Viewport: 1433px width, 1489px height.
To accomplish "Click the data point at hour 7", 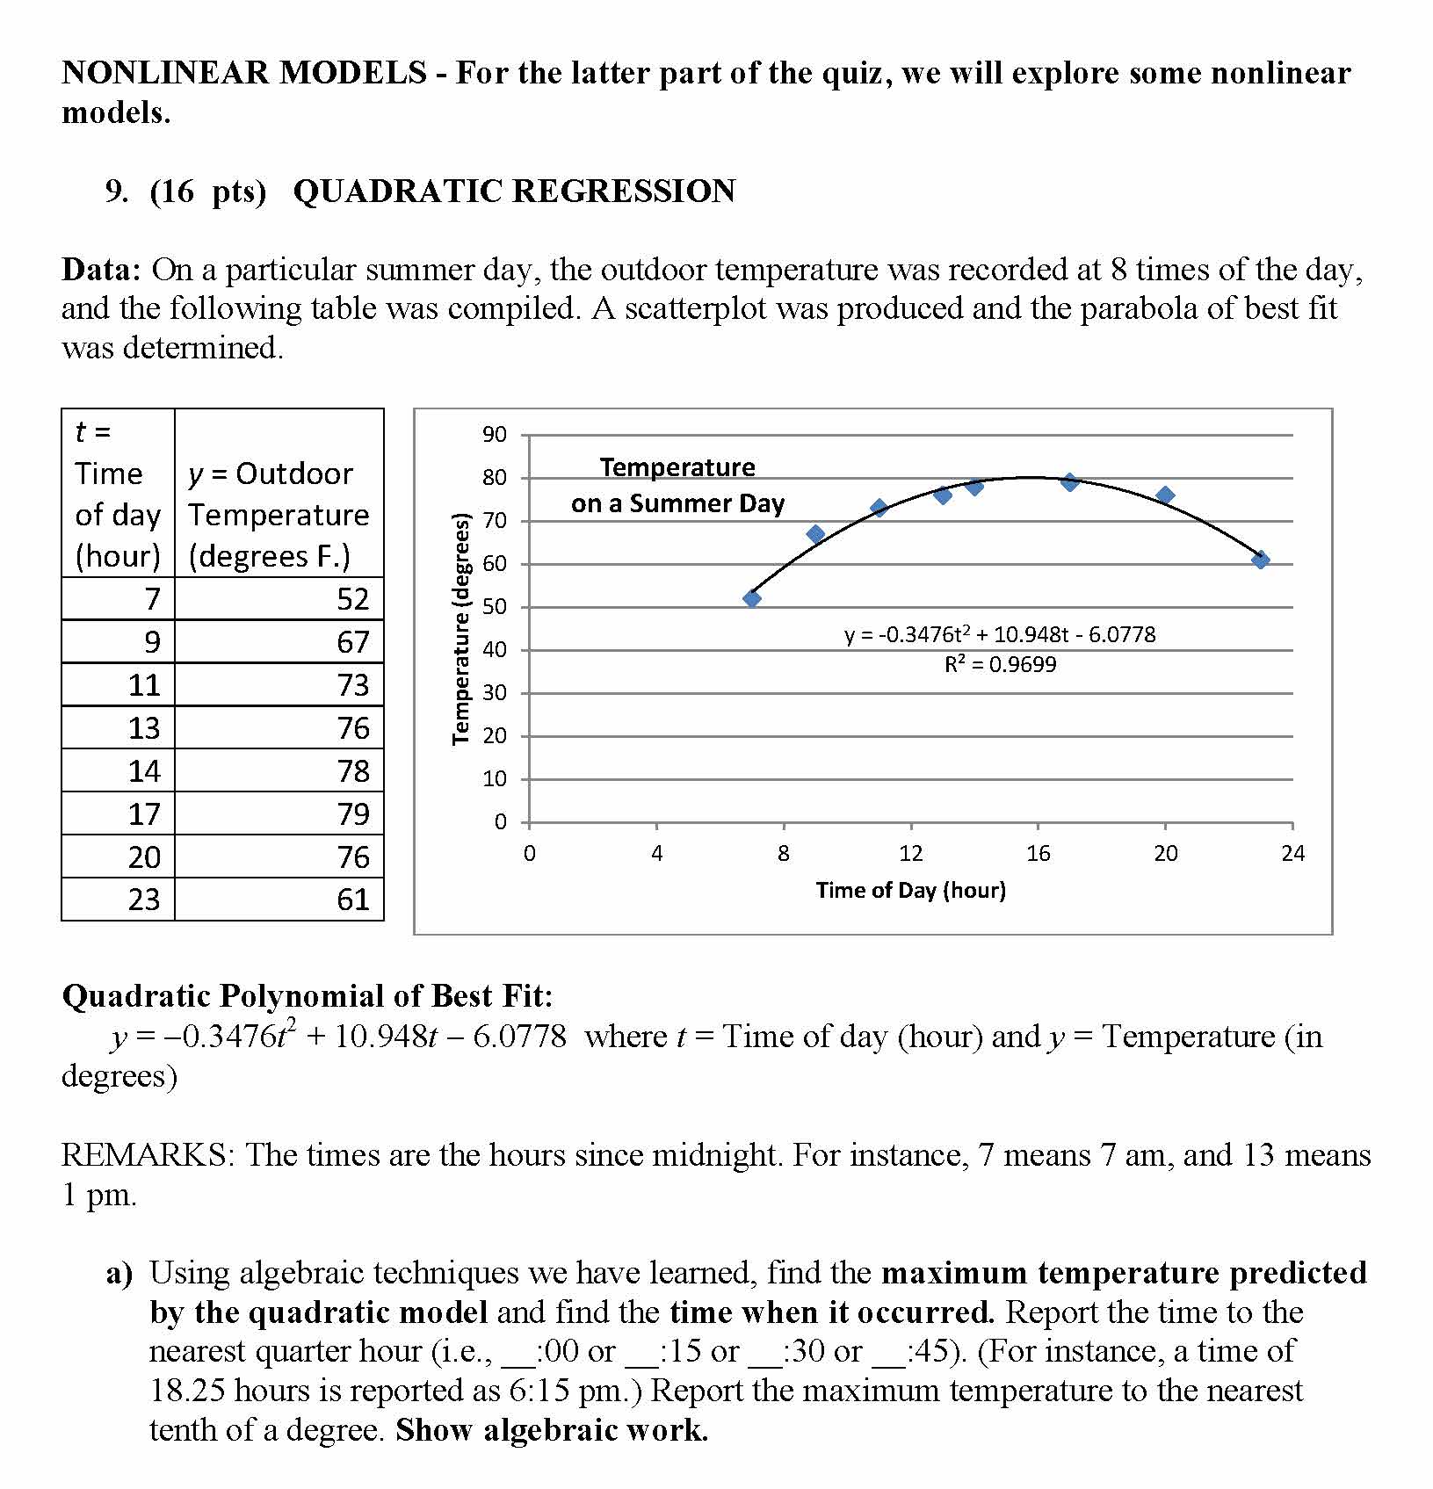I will (x=752, y=599).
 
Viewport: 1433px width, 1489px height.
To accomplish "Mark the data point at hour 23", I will (x=1261, y=560).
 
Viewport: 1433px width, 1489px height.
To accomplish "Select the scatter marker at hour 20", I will (x=1165, y=495).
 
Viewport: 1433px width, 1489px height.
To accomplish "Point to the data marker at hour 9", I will (x=815, y=534).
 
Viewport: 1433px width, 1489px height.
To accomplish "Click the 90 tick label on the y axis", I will (x=495, y=435).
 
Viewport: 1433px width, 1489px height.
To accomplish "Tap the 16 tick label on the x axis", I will (x=1038, y=854).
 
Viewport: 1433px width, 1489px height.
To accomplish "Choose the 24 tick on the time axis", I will (x=1292, y=854).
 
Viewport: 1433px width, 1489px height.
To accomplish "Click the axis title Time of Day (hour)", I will (x=910, y=891).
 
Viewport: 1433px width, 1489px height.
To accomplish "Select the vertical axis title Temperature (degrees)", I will (x=460, y=629).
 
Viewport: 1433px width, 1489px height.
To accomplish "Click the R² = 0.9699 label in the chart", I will (x=1000, y=665).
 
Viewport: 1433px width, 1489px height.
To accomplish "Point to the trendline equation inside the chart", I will (x=1000, y=635).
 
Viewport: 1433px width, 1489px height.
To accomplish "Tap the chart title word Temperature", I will (x=677, y=467).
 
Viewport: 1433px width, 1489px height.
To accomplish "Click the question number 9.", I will (x=114, y=192).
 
